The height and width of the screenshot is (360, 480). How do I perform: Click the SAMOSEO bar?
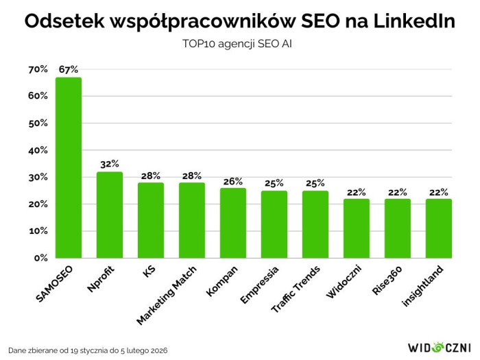[69, 168]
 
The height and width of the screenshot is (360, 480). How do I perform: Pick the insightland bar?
[438, 228]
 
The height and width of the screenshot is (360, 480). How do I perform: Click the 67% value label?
[69, 69]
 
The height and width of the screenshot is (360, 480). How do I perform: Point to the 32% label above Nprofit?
[110, 164]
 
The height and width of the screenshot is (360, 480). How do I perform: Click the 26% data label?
[233, 180]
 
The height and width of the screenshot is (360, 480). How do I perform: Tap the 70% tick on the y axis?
[38, 69]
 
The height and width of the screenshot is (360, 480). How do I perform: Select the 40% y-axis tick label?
[38, 150]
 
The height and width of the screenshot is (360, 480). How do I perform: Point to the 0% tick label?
[40, 259]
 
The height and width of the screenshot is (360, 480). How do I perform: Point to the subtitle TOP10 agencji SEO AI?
[240, 44]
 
